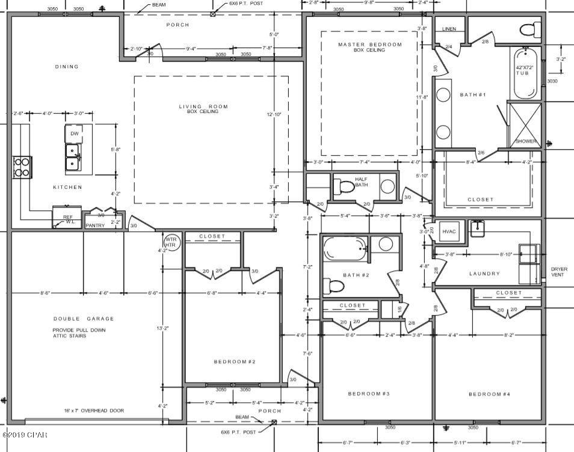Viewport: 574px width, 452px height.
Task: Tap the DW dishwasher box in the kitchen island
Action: click(74, 133)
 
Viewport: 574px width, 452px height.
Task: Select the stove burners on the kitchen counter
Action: click(22, 166)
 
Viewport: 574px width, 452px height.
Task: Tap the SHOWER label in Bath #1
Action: click(525, 141)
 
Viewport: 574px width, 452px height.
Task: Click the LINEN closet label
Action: click(449, 29)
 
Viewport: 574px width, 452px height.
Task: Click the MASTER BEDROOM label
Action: click(369, 44)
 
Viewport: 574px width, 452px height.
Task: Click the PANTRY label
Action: click(95, 225)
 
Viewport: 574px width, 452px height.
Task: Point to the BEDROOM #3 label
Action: click(369, 394)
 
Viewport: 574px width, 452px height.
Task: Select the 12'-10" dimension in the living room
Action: click(275, 113)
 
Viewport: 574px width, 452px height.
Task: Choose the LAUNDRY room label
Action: click(484, 273)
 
